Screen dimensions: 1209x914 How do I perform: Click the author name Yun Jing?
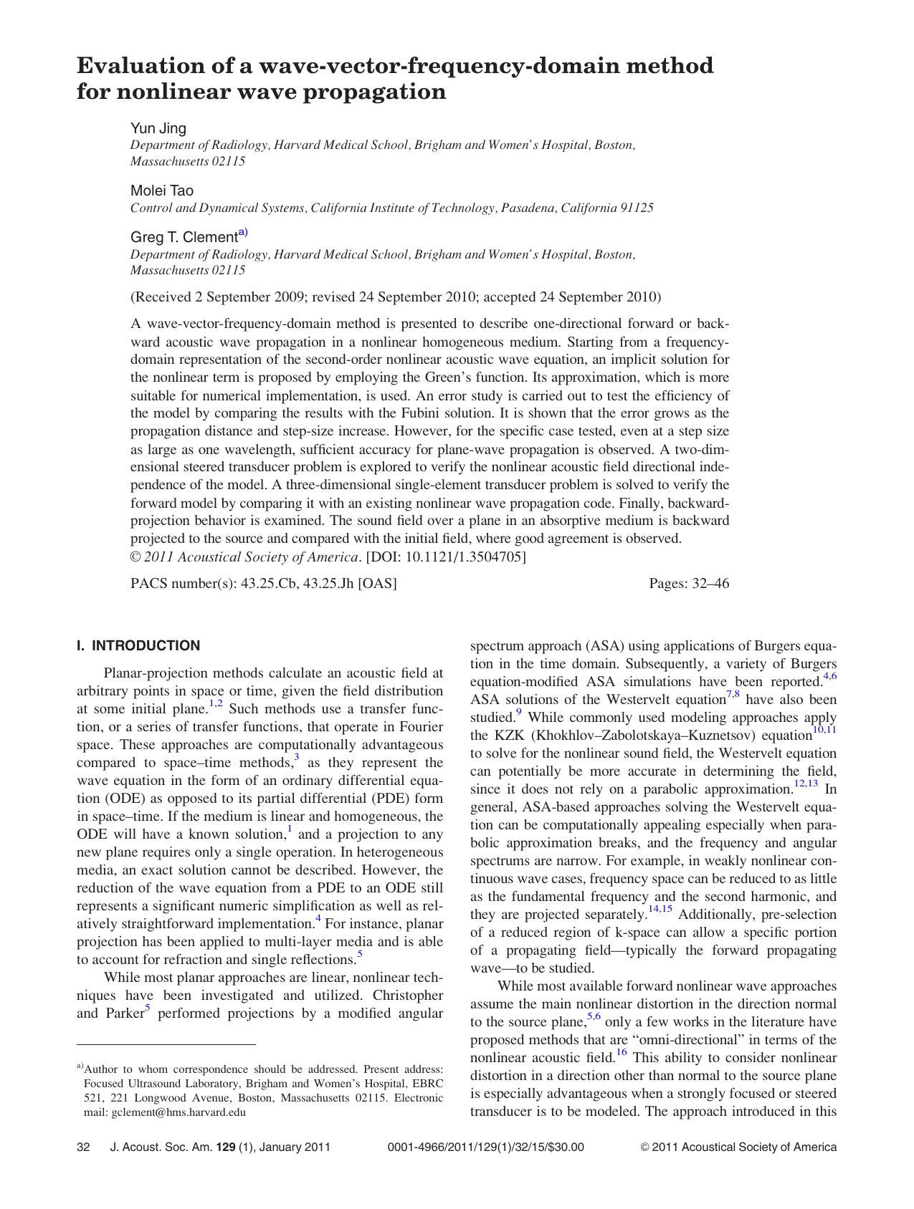coord(158,128)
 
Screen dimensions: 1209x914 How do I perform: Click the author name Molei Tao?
coord(161,191)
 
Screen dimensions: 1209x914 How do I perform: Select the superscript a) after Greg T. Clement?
coord(243,233)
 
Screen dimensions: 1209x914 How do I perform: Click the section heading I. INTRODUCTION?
coord(138,645)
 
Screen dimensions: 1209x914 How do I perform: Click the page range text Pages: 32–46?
coord(688,583)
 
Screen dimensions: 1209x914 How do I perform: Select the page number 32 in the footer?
coord(83,1147)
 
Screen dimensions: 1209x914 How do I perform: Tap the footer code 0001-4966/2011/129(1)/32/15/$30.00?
coord(485,1147)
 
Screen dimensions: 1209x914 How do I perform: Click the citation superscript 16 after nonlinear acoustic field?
coord(622,1053)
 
